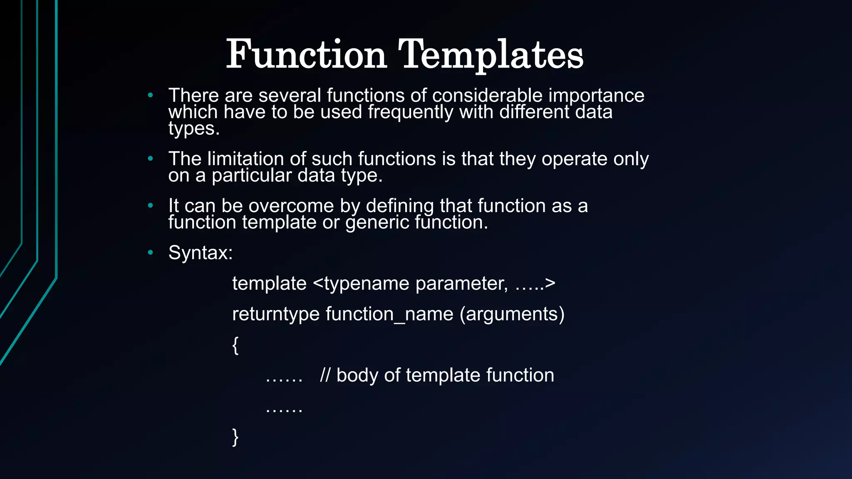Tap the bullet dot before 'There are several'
151,95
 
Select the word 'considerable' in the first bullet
487,95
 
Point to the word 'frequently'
410,112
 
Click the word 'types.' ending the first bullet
194,128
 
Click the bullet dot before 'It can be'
151,205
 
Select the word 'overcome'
291,206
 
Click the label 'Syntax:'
200,252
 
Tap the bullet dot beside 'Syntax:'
151,252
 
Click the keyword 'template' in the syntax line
269,284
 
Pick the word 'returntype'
275,314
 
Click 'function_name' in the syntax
389,314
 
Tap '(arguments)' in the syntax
512,314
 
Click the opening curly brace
235,345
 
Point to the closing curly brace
235,437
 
